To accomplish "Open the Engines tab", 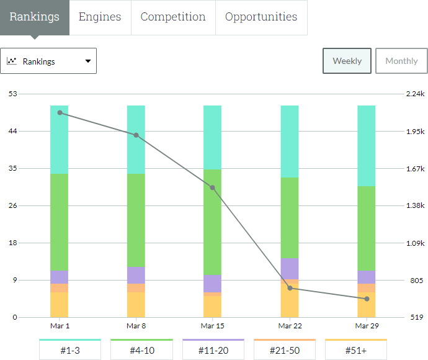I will (100, 17).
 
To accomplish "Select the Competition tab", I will (173, 17).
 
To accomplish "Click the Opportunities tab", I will (261, 17).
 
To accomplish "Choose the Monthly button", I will (401, 61).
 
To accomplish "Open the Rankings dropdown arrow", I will (87, 61).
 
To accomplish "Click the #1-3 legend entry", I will (70, 350).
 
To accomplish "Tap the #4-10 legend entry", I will (141, 350).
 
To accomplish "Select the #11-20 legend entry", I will (213, 350).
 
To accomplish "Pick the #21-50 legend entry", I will (285, 350).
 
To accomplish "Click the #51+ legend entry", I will (356, 350).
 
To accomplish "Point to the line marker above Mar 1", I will (60, 113).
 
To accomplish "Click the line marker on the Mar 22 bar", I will (290, 288).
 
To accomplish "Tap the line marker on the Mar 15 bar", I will (213, 187).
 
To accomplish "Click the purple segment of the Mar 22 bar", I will (290, 268).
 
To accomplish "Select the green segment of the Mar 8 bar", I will (136, 220).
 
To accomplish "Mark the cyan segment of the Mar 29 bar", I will (367, 146).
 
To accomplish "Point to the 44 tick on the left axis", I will (12, 131).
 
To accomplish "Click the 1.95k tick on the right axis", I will (414, 132).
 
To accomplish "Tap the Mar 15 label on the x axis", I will (212, 326).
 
